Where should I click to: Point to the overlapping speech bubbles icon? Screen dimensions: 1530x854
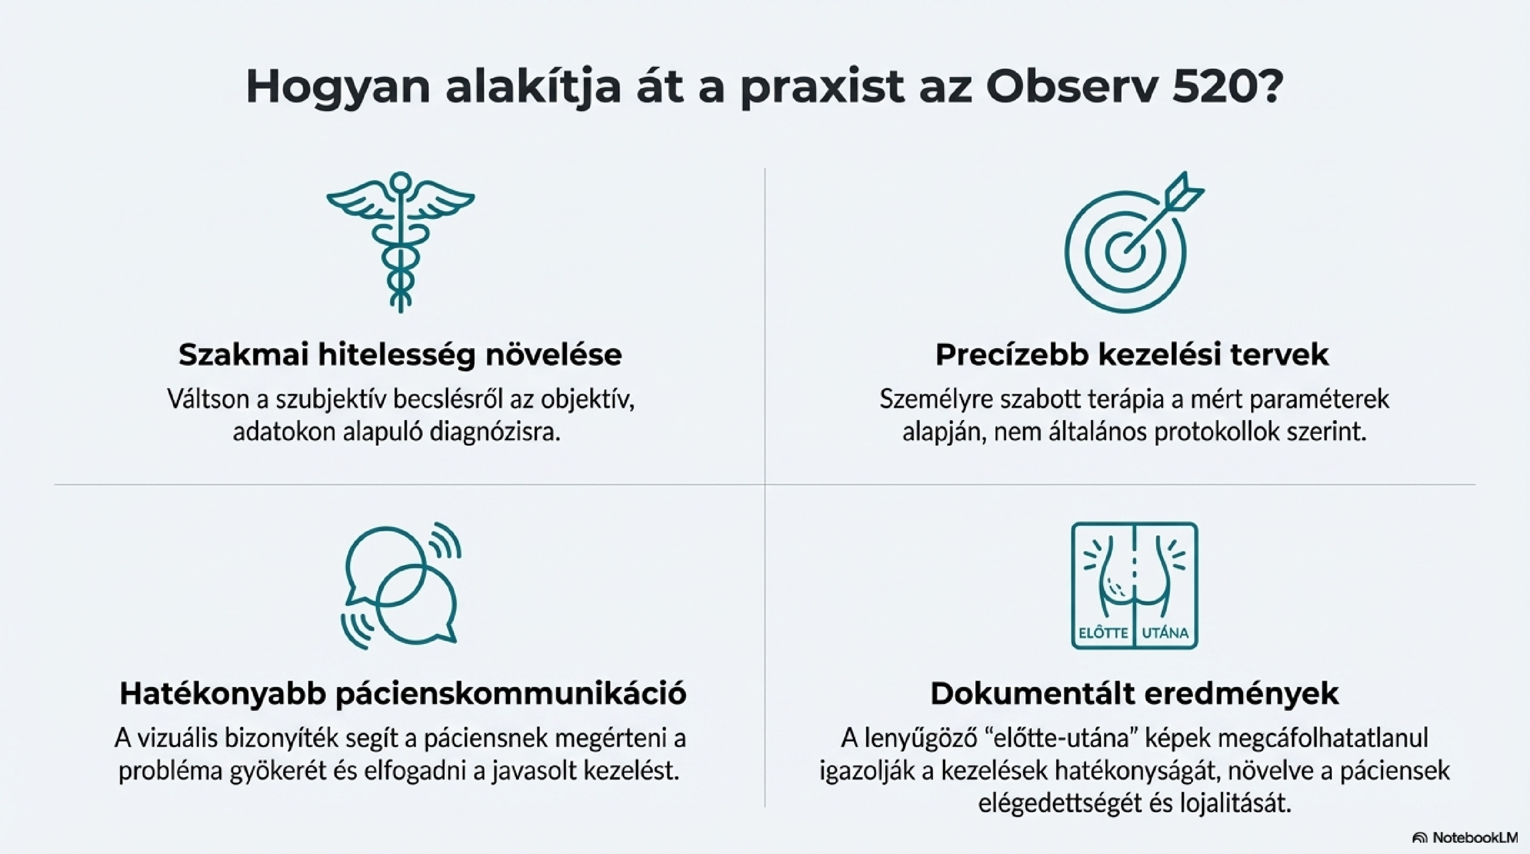(401, 585)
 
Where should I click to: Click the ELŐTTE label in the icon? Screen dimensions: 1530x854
(1103, 632)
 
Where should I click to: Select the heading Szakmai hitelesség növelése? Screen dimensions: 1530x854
(400, 355)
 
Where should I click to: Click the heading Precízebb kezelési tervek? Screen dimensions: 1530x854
(1132, 355)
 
